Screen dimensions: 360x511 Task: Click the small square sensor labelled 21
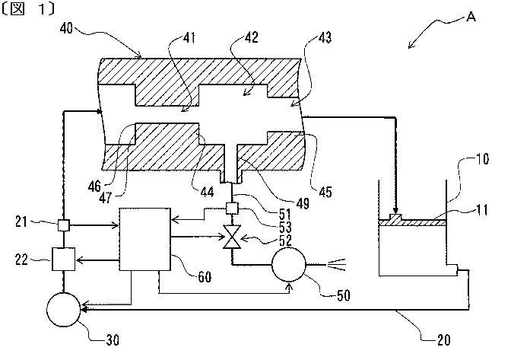[65, 225]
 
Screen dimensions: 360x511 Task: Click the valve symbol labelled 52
[227, 239]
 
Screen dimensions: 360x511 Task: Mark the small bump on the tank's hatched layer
[395, 218]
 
